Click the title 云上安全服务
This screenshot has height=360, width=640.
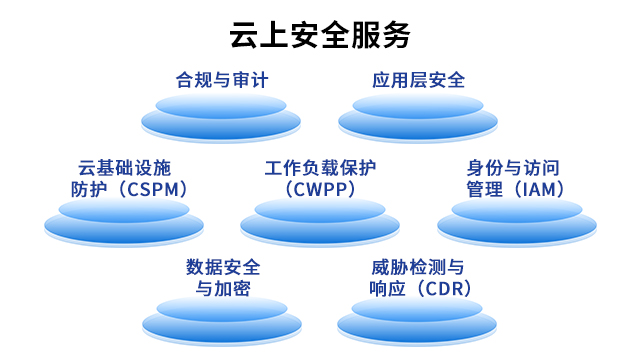pyautogui.click(x=320, y=35)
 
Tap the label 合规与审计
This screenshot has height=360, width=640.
pyautogui.click(x=222, y=80)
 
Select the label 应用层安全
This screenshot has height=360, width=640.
pyautogui.click(x=418, y=80)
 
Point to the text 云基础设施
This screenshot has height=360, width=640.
pyautogui.click(x=124, y=167)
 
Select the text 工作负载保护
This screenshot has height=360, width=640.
pyautogui.click(x=320, y=167)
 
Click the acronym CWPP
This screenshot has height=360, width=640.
pyautogui.click(x=320, y=188)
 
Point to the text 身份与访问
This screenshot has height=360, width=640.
pyautogui.click(x=516, y=167)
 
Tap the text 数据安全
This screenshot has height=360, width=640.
pyautogui.click(x=222, y=267)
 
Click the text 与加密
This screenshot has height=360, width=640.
pyautogui.click(x=222, y=288)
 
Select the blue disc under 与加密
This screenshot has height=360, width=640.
pyautogui.click(x=222, y=323)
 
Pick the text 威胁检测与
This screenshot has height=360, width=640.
pyautogui.click(x=418, y=267)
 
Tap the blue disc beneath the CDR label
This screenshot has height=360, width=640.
pyautogui.click(x=418, y=323)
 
